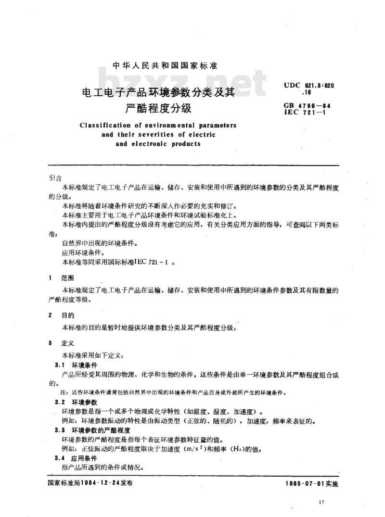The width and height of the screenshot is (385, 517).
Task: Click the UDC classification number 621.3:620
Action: coord(316,85)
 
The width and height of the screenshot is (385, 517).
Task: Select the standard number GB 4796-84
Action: coord(309,105)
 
